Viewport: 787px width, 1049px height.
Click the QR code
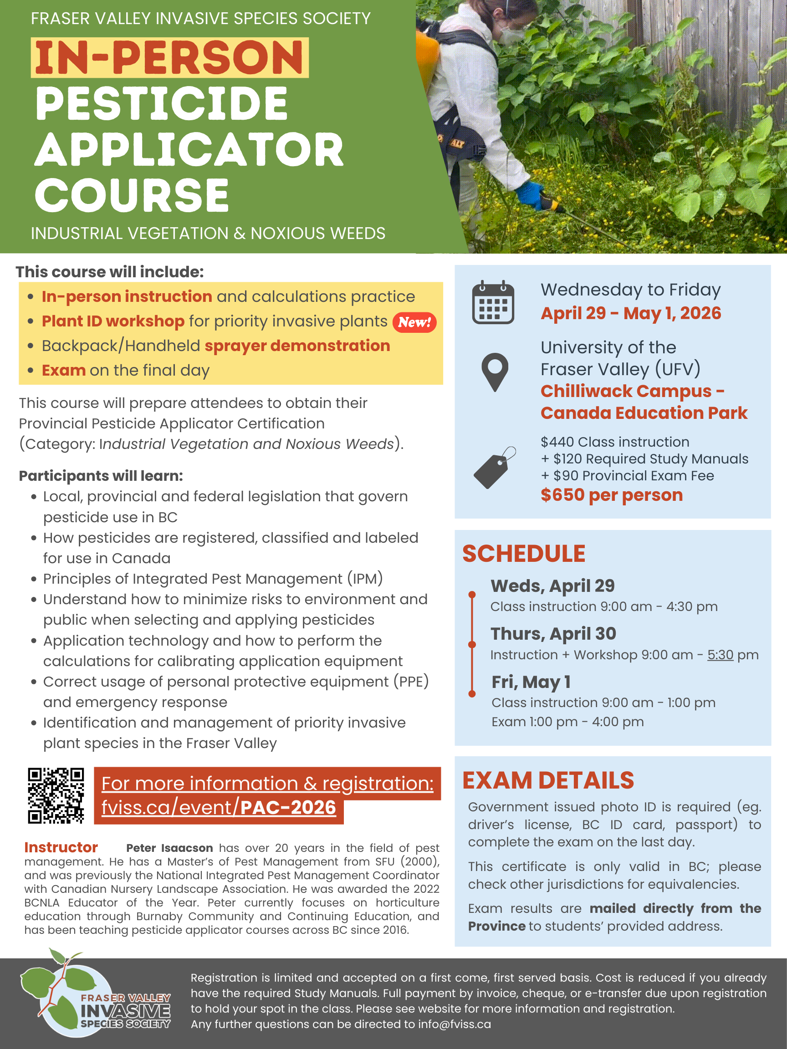click(56, 795)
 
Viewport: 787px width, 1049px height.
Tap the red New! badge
click(414, 322)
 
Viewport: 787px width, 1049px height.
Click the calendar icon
click(493, 303)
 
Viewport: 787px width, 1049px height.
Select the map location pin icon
click(494, 372)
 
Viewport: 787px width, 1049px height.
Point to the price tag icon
click(494, 468)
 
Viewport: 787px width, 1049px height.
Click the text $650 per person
click(612, 494)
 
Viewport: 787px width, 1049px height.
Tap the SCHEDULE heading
click(524, 554)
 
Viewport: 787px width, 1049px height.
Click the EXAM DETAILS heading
click(548, 780)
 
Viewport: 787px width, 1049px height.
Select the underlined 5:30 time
click(720, 655)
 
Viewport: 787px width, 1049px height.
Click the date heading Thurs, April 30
click(553, 634)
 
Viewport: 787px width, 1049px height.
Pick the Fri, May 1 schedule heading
click(531, 682)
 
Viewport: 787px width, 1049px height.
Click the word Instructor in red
click(61, 847)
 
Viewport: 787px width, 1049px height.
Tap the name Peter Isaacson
click(169, 848)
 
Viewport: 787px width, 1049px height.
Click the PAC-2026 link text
click(288, 807)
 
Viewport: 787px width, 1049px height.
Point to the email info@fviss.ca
click(454, 1024)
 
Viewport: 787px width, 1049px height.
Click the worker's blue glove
click(529, 194)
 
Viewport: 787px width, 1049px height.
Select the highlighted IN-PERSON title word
click(169, 57)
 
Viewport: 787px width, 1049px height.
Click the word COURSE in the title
click(132, 195)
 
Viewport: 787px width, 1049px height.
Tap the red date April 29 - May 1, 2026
click(630, 313)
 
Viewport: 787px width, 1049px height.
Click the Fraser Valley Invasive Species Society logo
click(95, 995)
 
